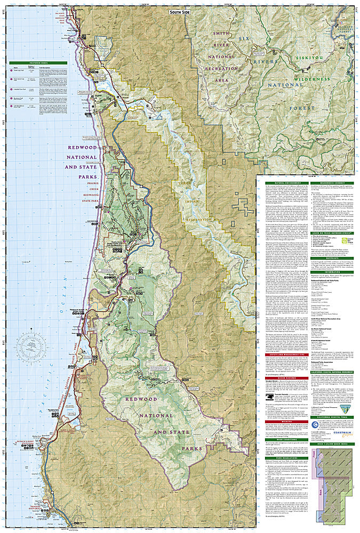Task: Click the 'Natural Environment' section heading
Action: pyautogui.click(x=286, y=183)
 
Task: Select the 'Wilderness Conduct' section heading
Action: pyautogui.click(x=331, y=183)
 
